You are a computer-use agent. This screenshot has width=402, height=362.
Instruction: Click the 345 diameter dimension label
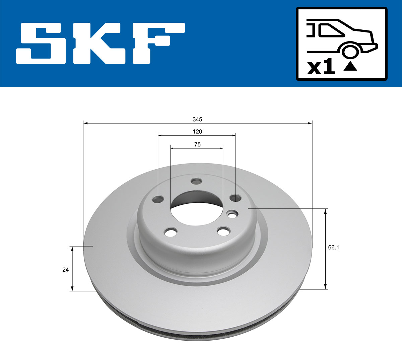point(197,119)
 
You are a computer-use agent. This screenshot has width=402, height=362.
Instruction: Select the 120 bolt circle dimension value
point(197,132)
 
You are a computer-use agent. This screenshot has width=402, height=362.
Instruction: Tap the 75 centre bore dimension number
point(197,145)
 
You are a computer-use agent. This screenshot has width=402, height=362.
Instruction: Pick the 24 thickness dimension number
point(65,270)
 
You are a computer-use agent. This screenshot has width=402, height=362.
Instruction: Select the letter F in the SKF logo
point(158,43)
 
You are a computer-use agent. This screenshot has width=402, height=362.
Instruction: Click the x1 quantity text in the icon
point(321,68)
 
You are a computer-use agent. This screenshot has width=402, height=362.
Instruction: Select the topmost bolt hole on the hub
point(196,181)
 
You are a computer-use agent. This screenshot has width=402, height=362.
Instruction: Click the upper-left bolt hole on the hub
point(158,199)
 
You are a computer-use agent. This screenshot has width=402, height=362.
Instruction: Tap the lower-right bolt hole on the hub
point(223,231)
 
